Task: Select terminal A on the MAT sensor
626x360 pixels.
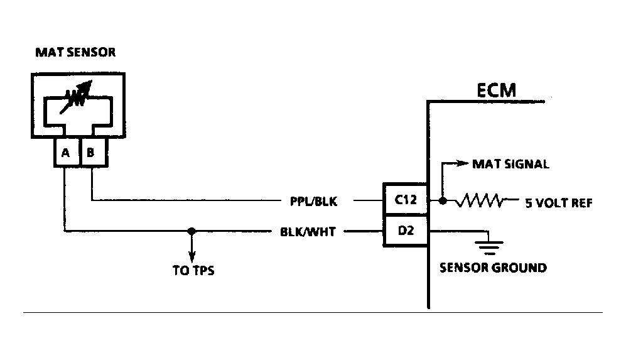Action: click(x=65, y=152)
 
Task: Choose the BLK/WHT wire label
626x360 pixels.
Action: click(x=308, y=232)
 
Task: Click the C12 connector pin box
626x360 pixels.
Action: click(x=406, y=201)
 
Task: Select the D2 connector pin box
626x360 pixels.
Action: click(x=406, y=231)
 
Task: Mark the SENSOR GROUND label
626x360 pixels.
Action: click(x=492, y=268)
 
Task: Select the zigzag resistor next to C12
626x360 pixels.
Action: click(x=480, y=201)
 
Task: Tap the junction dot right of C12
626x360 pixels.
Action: click(x=443, y=201)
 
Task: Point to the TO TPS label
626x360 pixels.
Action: click(x=193, y=271)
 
